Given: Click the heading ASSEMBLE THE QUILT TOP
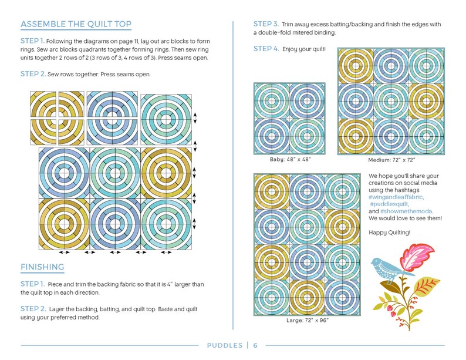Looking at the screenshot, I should pyautogui.click(x=76, y=25).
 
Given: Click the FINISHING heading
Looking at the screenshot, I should pyautogui.click(x=42, y=267).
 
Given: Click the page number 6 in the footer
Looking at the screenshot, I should pyautogui.click(x=255, y=345).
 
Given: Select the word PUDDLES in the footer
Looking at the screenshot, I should pyautogui.click(x=225, y=345).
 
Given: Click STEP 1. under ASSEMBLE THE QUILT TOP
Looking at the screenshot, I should pyautogui.click(x=32, y=41).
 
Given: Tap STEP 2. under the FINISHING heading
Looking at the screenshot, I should pyautogui.click(x=32, y=308).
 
